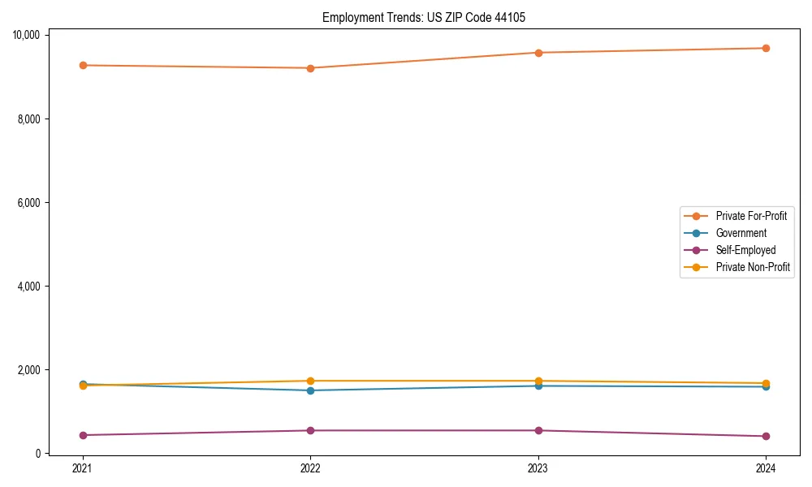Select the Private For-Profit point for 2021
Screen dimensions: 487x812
click(x=83, y=65)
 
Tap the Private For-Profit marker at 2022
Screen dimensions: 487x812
click(x=310, y=68)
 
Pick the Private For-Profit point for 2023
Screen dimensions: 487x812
click(x=538, y=53)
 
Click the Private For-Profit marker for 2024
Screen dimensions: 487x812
click(x=766, y=48)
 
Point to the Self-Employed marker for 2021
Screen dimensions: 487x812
click(x=83, y=435)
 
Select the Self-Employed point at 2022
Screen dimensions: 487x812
click(x=310, y=430)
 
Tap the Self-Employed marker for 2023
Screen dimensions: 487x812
click(x=538, y=430)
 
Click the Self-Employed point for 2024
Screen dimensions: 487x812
click(x=766, y=436)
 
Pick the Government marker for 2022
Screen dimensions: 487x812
click(x=310, y=390)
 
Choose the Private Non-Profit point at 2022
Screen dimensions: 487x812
click(x=310, y=381)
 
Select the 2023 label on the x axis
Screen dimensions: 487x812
click(x=538, y=468)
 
